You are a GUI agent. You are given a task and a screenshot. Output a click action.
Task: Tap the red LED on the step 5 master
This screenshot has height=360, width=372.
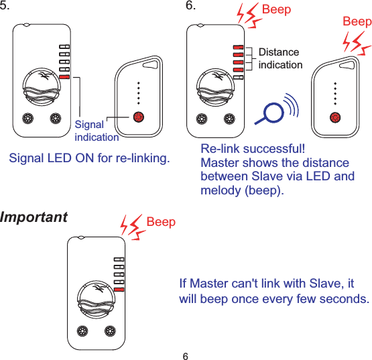[x=64, y=78]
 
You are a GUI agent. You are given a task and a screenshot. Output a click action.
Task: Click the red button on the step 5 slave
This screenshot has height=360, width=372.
[x=139, y=117]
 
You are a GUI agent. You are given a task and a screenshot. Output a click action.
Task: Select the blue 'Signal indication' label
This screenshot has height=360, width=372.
[x=96, y=131]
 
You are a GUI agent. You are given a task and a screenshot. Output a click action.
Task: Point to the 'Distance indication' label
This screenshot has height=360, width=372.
[x=280, y=58]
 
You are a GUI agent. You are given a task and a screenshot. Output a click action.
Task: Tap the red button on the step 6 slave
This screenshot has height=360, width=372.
[x=334, y=117]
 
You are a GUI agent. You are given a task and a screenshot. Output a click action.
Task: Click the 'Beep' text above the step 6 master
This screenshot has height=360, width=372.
[x=276, y=10]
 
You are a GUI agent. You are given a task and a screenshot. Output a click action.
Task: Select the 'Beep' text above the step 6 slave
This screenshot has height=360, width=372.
[x=357, y=21]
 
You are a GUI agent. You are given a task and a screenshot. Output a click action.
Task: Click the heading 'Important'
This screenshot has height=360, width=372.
[x=34, y=218]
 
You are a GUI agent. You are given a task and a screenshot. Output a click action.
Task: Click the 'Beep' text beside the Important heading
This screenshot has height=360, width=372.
[x=161, y=222]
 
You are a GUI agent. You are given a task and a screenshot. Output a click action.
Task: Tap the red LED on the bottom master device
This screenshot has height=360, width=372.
[x=119, y=290]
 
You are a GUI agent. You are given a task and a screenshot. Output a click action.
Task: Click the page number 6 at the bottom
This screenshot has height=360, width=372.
[x=186, y=354]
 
